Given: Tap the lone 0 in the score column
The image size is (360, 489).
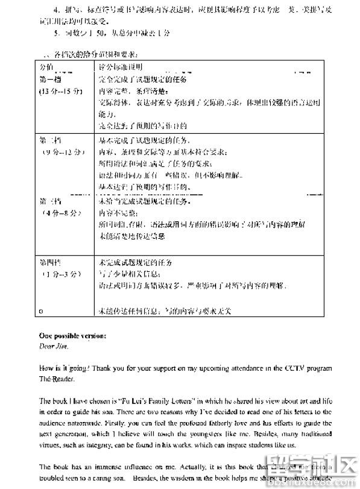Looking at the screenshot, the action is pos(40,311).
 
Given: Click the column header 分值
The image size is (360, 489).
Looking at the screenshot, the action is pos(46,66).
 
